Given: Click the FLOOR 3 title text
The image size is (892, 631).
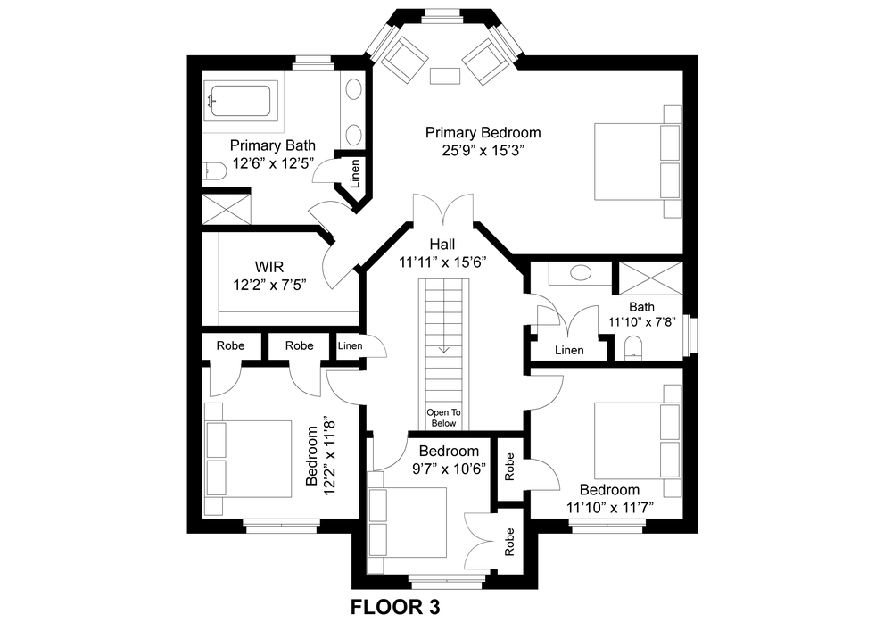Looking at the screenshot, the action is [x=395, y=607].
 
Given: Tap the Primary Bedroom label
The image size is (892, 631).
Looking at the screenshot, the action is [x=483, y=133].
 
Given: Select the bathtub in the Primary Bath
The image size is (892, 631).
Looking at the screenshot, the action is [x=239, y=102].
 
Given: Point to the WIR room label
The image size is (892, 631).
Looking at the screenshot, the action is [x=269, y=266].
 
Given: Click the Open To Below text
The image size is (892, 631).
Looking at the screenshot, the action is [x=443, y=418].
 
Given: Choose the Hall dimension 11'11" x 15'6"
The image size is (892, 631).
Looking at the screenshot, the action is [x=442, y=262].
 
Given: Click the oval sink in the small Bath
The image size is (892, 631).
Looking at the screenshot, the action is [x=581, y=272].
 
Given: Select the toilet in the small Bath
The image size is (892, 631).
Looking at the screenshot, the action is [x=633, y=348].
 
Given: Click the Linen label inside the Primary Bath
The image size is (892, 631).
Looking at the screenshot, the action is [x=355, y=173].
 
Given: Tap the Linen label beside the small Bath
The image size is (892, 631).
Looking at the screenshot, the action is [x=569, y=350].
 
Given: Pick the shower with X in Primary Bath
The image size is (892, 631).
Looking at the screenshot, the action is [x=227, y=209].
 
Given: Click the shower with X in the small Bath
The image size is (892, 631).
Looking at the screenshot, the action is [x=650, y=278].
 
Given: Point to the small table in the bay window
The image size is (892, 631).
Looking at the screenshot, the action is [x=444, y=76].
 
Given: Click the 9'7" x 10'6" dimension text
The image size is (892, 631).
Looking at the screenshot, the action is [x=450, y=469].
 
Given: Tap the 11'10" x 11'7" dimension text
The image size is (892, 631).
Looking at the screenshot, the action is [x=610, y=507].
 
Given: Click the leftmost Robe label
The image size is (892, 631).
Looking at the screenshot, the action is [x=230, y=345].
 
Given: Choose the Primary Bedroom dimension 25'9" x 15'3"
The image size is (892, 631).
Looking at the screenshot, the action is [x=483, y=150].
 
